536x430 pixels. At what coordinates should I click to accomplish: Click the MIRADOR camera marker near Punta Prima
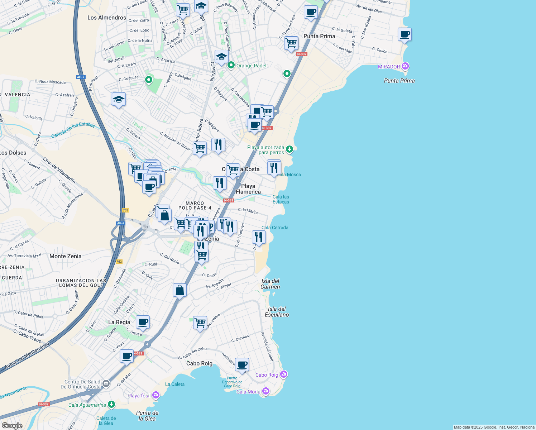click(x=405, y=66)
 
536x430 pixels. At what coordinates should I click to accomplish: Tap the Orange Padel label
click(x=251, y=66)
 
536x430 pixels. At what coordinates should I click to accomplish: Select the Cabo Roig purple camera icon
click(x=284, y=374)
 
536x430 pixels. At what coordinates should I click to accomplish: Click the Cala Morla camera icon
click(x=266, y=391)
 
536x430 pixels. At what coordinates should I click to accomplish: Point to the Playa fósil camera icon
click(x=156, y=395)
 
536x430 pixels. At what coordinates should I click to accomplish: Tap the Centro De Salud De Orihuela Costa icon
click(x=106, y=384)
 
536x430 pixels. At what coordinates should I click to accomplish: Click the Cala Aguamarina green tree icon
click(x=111, y=405)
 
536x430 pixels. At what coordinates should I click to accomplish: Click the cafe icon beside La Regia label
click(x=143, y=322)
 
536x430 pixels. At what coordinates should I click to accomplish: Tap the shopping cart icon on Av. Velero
click(x=200, y=322)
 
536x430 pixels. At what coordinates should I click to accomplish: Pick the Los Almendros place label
click(x=107, y=18)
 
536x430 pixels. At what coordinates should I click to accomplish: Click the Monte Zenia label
click(x=66, y=256)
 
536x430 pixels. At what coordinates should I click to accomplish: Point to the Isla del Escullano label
click(x=277, y=312)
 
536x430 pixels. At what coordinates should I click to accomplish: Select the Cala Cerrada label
click(x=275, y=228)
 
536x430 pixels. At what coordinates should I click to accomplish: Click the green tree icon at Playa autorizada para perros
click(x=289, y=149)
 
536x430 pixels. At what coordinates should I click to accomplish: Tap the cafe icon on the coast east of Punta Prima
click(x=405, y=34)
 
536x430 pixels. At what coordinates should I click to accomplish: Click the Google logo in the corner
click(x=12, y=425)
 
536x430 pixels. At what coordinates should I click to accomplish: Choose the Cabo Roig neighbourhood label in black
click(x=199, y=363)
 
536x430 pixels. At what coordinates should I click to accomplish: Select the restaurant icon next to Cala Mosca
click(x=274, y=167)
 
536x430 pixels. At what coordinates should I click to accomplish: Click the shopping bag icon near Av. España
click(x=180, y=290)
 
